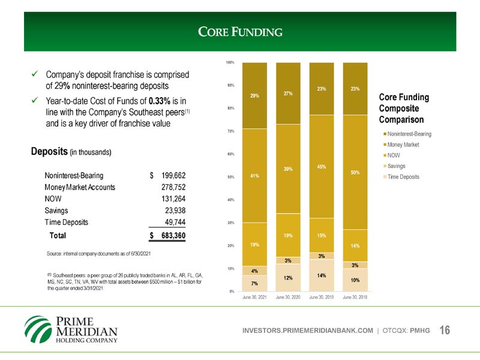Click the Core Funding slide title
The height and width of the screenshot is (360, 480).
coord(240,31)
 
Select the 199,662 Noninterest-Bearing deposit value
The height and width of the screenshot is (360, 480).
coord(171,176)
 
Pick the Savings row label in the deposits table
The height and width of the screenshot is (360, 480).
coord(56,211)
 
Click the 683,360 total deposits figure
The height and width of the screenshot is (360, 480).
coord(171,236)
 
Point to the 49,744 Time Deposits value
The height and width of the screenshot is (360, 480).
coord(173,222)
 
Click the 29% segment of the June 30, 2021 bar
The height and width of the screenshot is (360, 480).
coord(254,95)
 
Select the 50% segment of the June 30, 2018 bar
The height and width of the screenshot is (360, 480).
coord(355,172)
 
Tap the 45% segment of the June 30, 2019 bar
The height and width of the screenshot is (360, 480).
coord(322,166)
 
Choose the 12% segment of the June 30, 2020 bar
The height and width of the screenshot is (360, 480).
coord(288,278)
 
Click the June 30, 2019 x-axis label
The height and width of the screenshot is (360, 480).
coord(322,298)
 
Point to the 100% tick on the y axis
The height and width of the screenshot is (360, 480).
coord(230,62)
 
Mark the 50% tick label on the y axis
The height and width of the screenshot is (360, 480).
coord(230,176)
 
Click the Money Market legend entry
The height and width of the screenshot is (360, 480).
coord(403,145)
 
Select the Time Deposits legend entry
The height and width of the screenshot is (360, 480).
coord(403,177)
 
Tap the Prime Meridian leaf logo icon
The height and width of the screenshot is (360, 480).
coord(38,329)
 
